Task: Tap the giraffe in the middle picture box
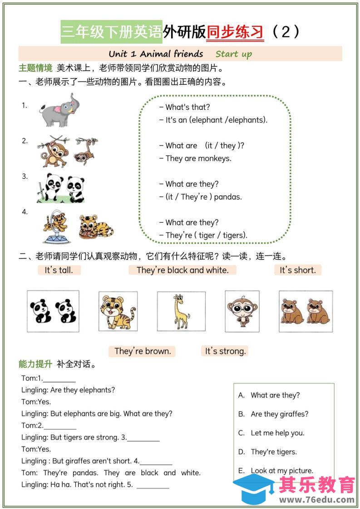[x=181, y=311]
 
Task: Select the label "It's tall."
[x=59, y=270]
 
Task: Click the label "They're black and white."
[x=182, y=270]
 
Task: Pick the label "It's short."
[x=297, y=270]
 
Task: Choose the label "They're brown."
[x=143, y=351]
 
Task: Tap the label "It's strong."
[x=225, y=351]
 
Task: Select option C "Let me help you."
[x=277, y=433]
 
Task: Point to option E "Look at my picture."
[x=281, y=470]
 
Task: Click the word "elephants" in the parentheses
[x=247, y=120]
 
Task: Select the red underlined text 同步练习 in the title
[x=235, y=32]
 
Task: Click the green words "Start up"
[x=233, y=54]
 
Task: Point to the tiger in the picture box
[x=118, y=311]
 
